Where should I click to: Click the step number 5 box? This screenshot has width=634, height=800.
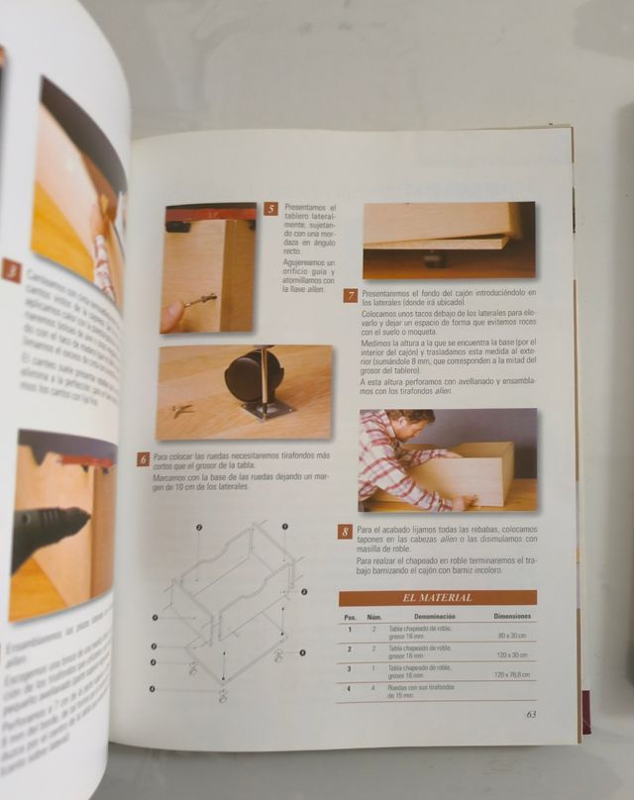270,210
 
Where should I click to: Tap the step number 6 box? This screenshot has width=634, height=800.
144,458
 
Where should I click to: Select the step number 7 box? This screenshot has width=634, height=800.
351,295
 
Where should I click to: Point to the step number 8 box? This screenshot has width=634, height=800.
345,532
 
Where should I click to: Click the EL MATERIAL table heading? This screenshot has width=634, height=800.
437,597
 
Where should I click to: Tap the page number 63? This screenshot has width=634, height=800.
531,713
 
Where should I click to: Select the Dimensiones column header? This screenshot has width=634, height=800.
511,616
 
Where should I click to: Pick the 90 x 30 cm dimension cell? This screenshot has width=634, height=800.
511,635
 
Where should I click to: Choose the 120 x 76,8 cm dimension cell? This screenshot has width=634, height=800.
511,674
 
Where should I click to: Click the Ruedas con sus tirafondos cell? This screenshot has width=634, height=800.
421,690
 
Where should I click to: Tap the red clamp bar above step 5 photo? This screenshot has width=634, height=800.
210,213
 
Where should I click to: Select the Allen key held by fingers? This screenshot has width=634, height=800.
199,299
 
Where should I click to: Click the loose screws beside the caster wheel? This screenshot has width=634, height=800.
181,408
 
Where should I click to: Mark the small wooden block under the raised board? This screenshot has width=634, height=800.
432,260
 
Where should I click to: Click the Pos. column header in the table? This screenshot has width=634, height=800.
350,616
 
